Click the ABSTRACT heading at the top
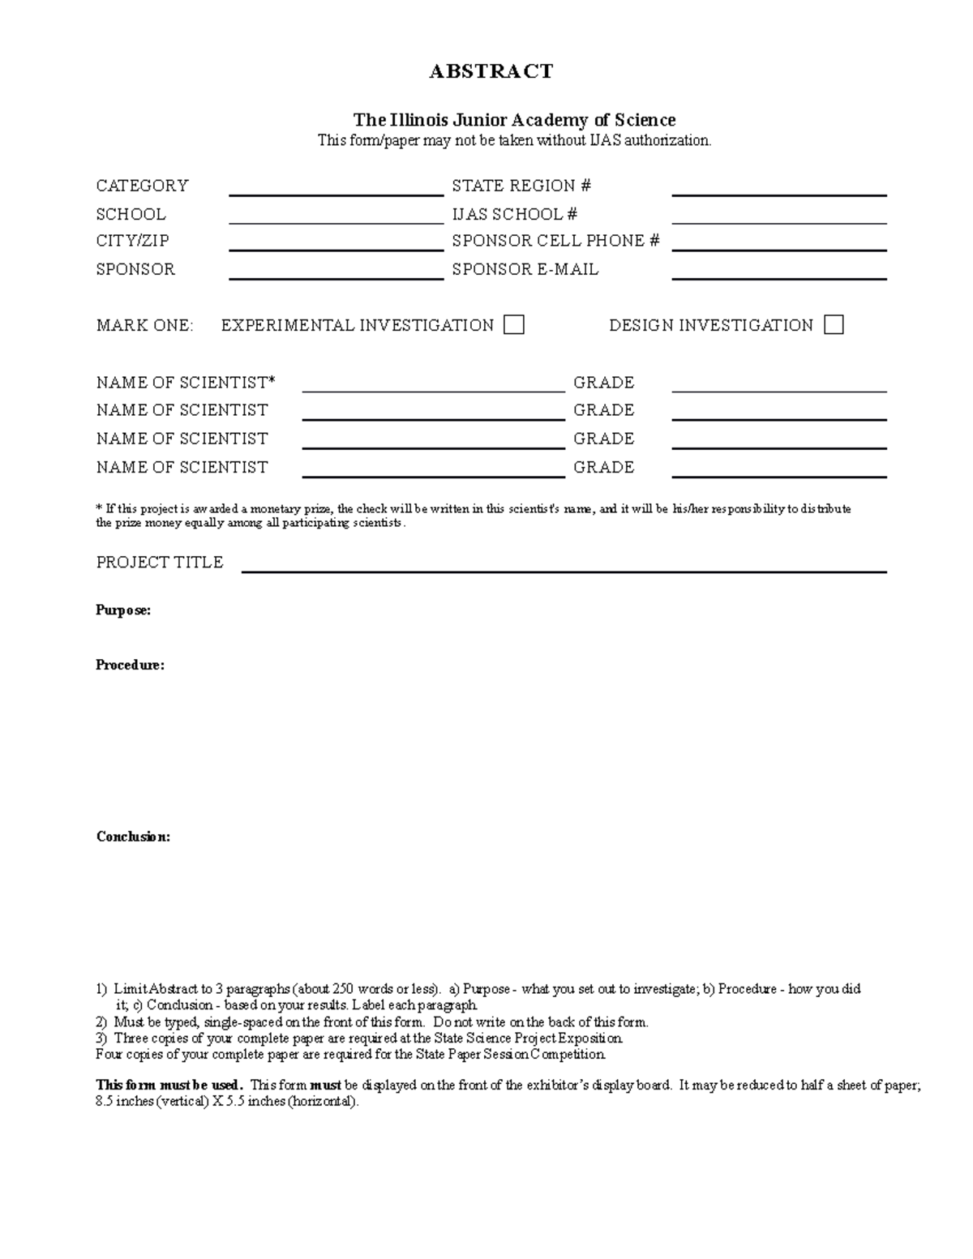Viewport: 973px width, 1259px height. [491, 71]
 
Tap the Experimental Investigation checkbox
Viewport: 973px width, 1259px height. [513, 325]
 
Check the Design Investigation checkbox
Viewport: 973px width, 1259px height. [834, 325]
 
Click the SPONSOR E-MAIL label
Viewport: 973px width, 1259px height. [525, 269]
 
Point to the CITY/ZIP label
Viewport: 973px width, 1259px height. [132, 241]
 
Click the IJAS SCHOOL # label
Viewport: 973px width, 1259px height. [514, 214]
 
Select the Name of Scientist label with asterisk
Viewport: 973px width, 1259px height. [186, 382]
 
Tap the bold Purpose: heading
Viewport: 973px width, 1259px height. [123, 610]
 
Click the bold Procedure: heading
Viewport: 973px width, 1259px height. [130, 665]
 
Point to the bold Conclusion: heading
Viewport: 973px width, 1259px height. [133, 837]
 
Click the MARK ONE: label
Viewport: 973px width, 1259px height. [144, 326]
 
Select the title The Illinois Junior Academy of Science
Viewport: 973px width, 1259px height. [513, 120]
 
